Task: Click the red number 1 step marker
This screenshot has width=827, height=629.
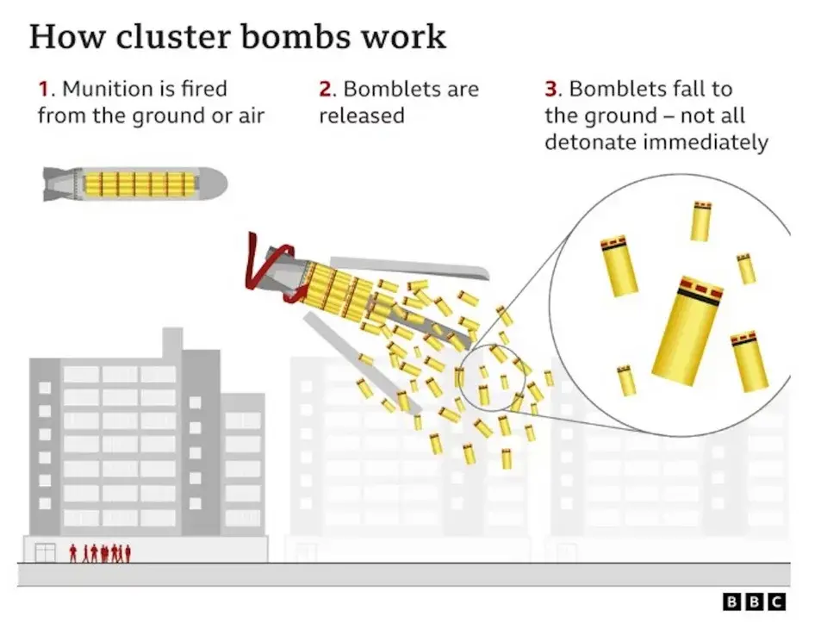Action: coord(42,90)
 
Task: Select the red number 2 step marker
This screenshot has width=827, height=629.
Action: coord(325,90)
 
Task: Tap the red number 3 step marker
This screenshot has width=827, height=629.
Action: coord(551,90)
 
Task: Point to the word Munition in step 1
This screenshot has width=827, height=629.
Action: coord(102,90)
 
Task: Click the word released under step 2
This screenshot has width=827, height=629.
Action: coord(362,115)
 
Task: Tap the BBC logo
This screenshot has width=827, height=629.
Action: coord(754,602)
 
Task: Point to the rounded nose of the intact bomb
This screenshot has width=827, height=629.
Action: coord(215,183)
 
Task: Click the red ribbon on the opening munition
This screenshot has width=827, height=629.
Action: coord(263,267)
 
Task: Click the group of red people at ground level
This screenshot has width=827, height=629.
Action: coord(100,552)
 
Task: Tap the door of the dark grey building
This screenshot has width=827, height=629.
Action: coord(46,552)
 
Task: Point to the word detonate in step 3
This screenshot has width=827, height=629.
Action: coord(591,142)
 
